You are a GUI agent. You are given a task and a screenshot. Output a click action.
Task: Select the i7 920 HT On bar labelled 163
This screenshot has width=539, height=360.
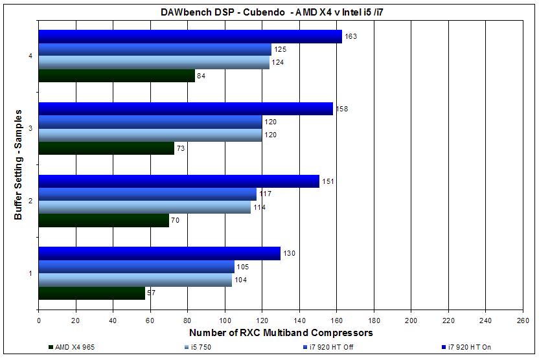pos(190,36)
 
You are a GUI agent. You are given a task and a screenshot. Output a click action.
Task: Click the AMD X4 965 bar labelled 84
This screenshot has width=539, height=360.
pos(117,76)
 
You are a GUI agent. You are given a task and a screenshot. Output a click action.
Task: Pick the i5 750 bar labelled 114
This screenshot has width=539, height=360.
pos(144,207)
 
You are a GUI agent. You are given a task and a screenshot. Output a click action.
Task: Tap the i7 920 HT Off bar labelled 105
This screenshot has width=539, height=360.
pos(136,267)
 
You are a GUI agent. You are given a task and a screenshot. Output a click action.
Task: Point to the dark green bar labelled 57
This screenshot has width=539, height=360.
pos(91,293)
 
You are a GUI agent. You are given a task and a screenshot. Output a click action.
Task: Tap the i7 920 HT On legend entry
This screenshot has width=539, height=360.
pos(465,348)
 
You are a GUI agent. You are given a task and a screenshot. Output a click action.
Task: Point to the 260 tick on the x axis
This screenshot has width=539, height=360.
pos(522,319)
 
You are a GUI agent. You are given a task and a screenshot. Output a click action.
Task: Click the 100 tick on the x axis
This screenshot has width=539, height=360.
pos(225,319)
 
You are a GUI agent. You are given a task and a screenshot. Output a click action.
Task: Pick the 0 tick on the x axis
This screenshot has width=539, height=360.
pos(39,319)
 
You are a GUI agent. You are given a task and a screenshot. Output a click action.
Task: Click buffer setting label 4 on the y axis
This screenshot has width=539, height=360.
pos(30,56)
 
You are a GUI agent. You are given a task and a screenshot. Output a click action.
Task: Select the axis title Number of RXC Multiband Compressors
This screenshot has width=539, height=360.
pos(281,333)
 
